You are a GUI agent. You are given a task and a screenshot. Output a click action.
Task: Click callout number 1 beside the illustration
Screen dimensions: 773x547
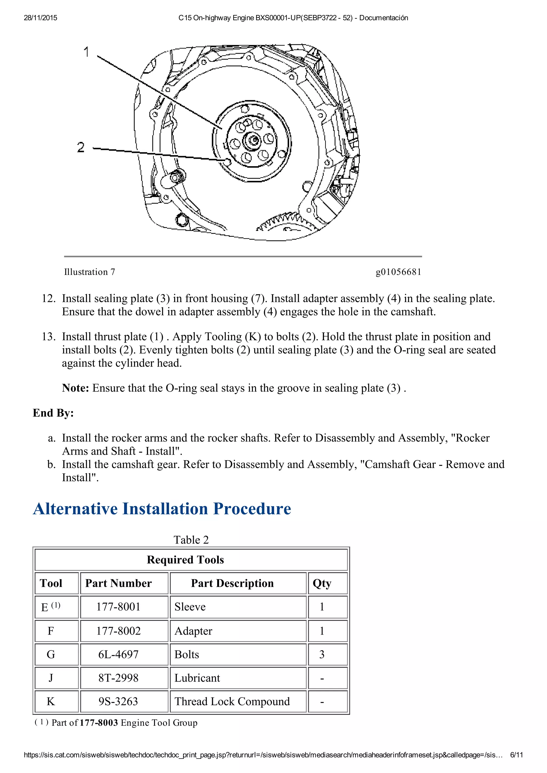pos(86,52)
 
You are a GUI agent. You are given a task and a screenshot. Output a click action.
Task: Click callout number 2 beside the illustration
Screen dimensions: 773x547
pos(81,147)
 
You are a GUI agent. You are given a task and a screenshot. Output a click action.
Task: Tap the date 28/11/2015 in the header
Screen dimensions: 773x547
pos(40,18)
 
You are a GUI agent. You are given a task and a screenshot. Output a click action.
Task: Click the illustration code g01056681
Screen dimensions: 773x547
pos(398,272)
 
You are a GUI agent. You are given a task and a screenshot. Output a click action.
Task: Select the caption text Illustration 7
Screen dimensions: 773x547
pos(90,272)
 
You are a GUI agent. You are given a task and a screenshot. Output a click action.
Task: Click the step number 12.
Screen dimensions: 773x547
pos(49,299)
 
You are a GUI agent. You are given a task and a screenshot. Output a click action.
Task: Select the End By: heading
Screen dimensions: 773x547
pos(53,413)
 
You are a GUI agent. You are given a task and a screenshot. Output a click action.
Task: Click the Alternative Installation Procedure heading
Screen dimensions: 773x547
pos(162,509)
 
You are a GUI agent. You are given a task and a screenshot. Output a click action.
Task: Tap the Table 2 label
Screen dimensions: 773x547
pos(191,540)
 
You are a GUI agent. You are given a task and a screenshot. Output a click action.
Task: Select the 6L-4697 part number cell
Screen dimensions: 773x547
pos(118,655)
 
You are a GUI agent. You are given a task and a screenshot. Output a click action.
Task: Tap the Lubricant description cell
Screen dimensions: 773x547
pos(197,678)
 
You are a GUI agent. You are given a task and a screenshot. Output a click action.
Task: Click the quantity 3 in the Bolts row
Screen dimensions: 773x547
pos(322,655)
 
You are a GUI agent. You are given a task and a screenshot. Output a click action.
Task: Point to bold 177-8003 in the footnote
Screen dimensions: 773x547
pos(99,723)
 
